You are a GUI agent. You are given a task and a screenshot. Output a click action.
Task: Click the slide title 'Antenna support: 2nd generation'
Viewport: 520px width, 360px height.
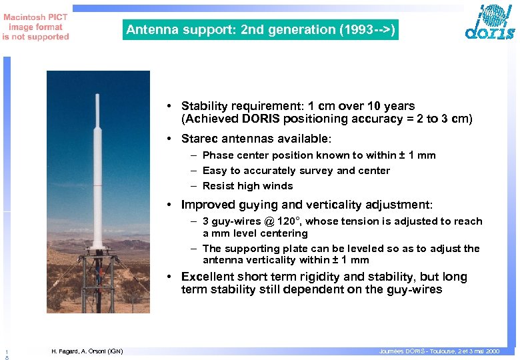260,30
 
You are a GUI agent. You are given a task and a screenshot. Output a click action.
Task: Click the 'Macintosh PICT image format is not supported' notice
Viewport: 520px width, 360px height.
35,27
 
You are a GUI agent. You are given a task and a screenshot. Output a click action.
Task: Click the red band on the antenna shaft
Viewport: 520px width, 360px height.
98,184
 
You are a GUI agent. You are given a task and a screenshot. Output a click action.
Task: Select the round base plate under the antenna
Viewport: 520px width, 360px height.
98,251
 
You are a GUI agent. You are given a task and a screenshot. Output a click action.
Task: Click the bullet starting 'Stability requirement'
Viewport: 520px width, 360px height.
297,106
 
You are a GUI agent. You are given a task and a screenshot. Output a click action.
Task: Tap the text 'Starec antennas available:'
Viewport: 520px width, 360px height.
256,139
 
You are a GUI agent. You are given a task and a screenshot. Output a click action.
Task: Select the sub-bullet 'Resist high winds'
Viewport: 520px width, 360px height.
247,186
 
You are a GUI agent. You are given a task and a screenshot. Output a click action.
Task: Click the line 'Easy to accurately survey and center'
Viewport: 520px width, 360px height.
296,171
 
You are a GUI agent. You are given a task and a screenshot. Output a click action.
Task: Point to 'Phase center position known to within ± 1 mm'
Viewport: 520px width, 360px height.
319,155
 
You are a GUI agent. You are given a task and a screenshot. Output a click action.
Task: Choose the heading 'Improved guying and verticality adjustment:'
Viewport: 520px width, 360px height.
307,205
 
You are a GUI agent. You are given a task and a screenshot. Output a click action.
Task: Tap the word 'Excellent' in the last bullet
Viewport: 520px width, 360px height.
207,277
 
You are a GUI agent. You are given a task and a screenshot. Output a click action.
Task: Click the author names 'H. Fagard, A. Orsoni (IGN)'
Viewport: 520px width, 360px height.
87,351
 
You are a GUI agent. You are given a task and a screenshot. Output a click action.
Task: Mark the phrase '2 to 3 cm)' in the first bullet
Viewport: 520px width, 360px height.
449,119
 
